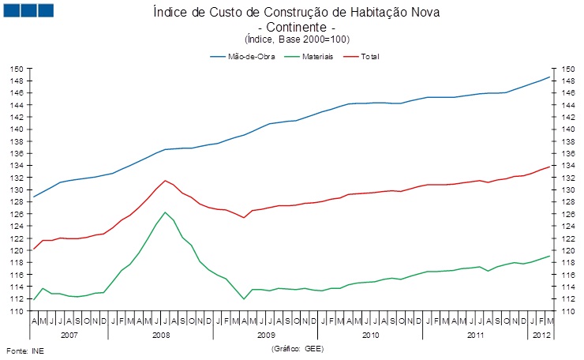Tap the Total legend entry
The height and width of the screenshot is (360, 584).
369,57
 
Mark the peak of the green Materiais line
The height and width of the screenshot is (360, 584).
165,212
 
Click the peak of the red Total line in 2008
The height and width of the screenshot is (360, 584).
165,180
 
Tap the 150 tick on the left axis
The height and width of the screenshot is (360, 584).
16,69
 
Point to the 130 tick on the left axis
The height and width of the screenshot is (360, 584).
16,190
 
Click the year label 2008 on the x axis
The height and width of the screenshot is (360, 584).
160,335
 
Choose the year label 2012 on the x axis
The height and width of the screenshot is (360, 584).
541,335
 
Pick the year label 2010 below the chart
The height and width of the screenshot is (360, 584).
369,335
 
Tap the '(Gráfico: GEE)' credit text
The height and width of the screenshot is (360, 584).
297,347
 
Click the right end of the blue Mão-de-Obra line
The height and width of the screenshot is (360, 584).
550,77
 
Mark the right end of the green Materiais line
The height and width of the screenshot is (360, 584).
550,256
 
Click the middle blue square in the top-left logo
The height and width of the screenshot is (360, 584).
28,10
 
